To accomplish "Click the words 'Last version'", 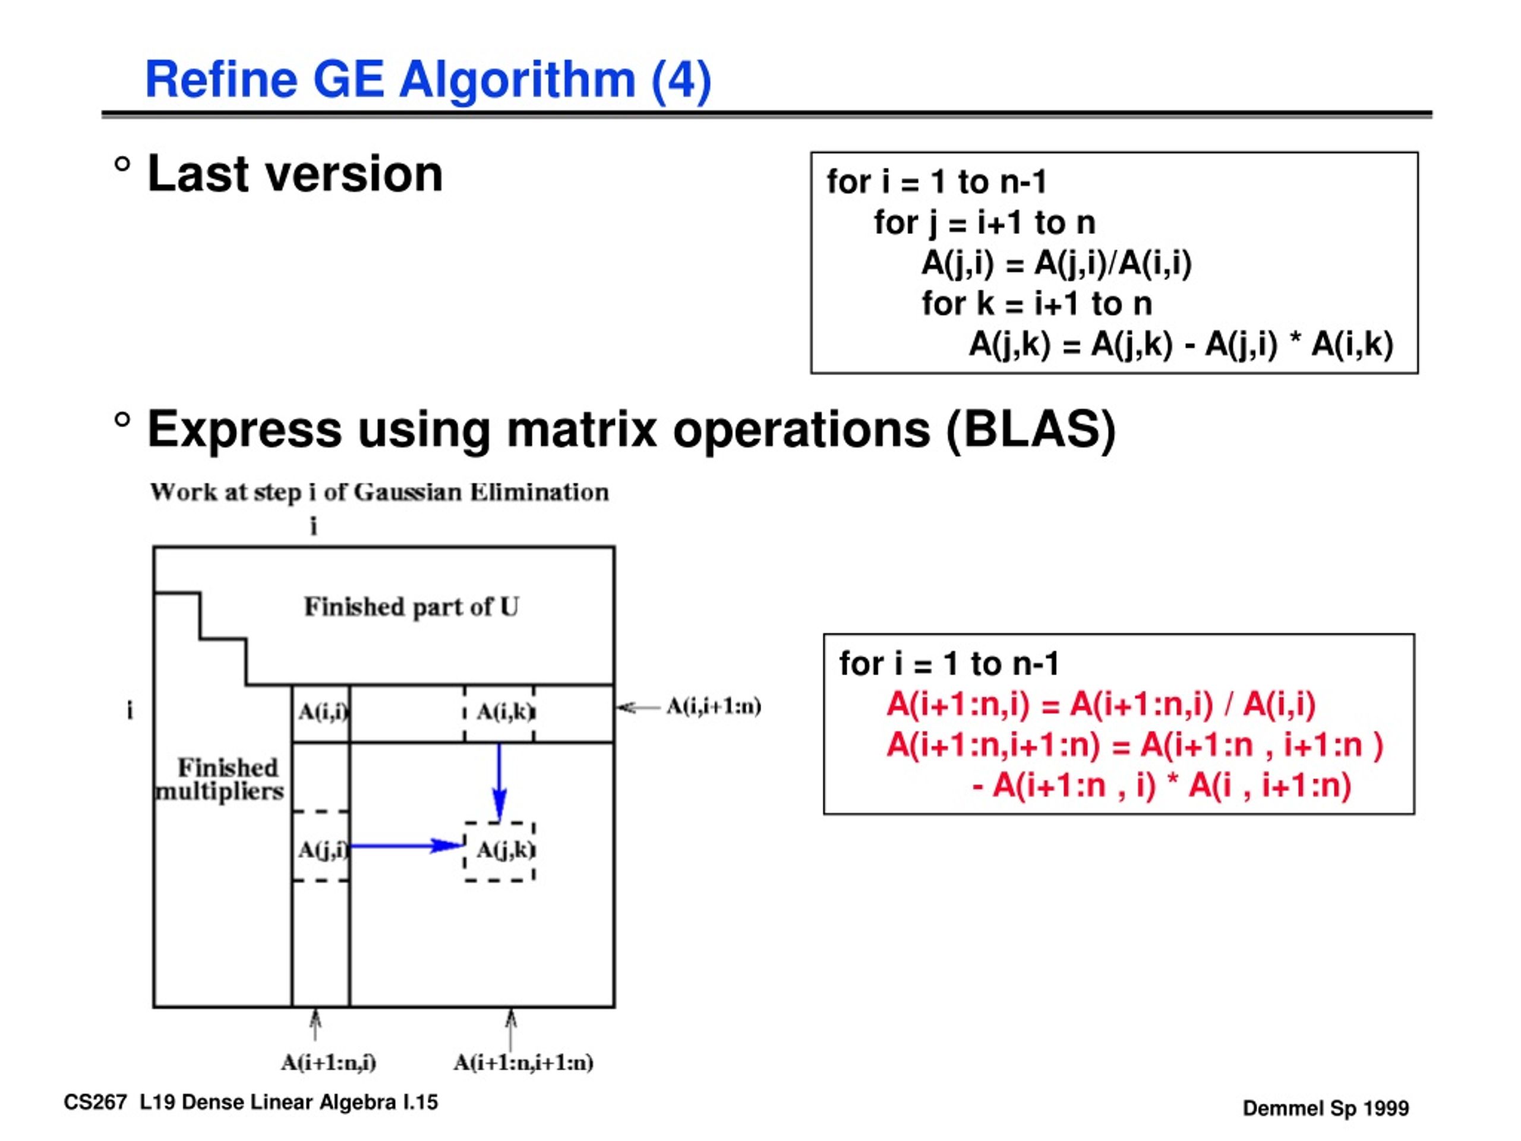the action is point(295,174).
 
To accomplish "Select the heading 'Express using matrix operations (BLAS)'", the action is point(631,430).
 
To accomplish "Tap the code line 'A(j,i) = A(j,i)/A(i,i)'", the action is point(1057,264).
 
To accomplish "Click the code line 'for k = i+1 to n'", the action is point(1037,304).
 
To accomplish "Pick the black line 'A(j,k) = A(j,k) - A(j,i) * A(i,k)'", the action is point(1181,345).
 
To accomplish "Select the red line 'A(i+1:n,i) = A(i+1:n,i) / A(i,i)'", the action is point(1101,705).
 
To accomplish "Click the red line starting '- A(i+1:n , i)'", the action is point(1162,786).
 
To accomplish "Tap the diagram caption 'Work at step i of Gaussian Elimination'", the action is point(380,493).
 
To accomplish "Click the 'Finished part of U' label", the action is point(411,607).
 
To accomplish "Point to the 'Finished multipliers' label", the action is point(220,779).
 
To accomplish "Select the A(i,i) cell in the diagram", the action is point(321,713).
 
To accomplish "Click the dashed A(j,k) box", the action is point(500,852).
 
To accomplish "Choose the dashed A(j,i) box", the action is point(321,846).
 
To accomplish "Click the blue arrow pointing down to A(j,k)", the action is point(500,783).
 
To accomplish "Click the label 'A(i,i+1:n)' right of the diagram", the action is point(714,707).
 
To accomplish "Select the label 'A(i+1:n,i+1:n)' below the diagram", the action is point(523,1063).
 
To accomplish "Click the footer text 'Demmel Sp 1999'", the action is point(1326,1108).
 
